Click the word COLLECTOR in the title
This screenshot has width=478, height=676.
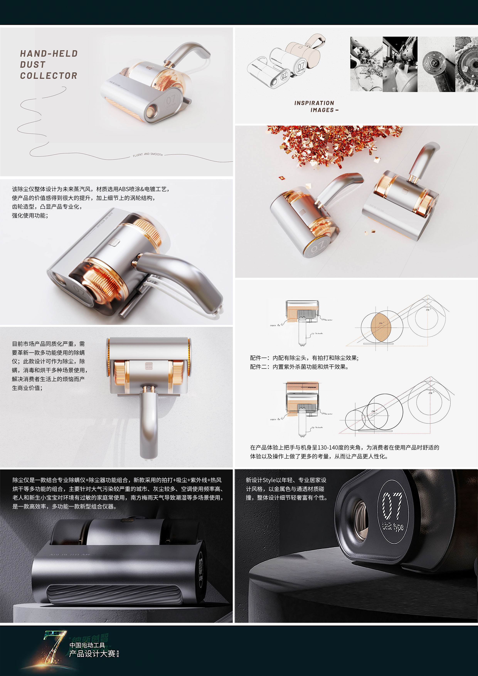coord(49,76)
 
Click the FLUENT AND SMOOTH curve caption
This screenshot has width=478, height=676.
coord(148,154)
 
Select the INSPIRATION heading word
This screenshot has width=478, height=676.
coord(314,103)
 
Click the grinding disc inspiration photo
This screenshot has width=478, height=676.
coord(436,64)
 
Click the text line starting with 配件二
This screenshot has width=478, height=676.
coord(299,367)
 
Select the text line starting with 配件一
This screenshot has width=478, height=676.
coord(304,358)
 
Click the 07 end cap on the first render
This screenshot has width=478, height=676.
coord(171,102)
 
